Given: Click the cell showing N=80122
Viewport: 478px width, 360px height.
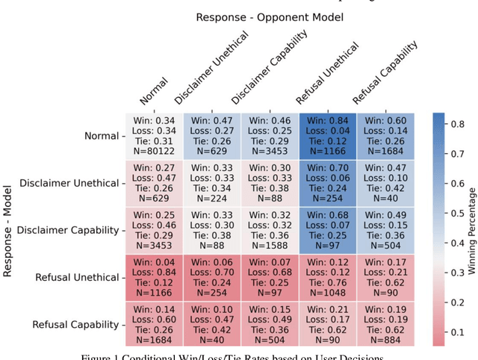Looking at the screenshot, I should click(153, 136).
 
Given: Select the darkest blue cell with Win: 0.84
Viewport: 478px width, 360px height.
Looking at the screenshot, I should click(329, 136).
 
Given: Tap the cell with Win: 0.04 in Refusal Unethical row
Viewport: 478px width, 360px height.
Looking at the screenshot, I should click(153, 277).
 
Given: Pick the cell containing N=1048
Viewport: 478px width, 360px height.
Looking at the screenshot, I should click(329, 277).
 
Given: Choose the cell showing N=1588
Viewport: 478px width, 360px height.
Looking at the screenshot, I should click(270, 230).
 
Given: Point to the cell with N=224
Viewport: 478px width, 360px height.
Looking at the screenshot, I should click(212, 183).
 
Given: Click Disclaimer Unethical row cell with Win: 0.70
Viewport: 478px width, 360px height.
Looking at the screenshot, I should click(329, 183).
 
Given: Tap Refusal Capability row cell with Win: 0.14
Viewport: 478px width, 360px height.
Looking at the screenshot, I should click(153, 324).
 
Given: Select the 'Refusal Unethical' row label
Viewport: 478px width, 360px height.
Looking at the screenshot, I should click(77, 277).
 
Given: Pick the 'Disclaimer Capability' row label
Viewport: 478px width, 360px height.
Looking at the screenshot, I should click(70, 230).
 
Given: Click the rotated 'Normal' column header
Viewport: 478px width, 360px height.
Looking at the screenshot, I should click(154, 90).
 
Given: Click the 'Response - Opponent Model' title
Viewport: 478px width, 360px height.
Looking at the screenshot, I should click(270, 16).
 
